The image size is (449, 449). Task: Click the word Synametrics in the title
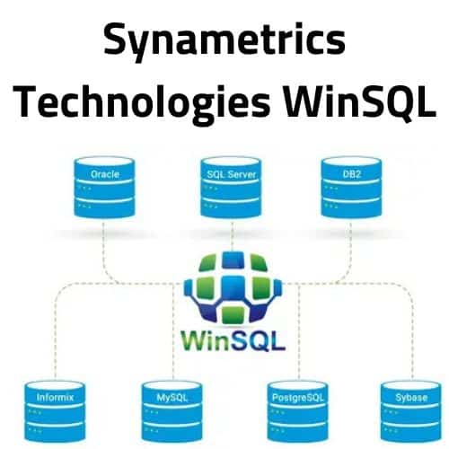[224, 41]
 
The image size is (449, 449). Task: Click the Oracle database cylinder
[104, 188]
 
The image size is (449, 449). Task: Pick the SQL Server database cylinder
[231, 188]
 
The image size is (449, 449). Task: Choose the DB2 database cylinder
[351, 188]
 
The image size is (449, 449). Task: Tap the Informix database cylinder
[55, 412]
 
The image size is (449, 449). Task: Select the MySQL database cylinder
[172, 412]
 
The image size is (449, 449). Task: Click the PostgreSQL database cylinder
[298, 412]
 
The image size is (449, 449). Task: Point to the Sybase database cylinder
[411, 412]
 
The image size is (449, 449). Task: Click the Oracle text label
[105, 174]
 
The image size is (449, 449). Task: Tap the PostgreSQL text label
[298, 398]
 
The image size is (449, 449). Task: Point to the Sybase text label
[411, 398]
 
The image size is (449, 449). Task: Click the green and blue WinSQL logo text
[233, 341]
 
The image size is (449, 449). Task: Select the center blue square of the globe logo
[233, 288]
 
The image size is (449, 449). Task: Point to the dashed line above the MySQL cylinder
[173, 331]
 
